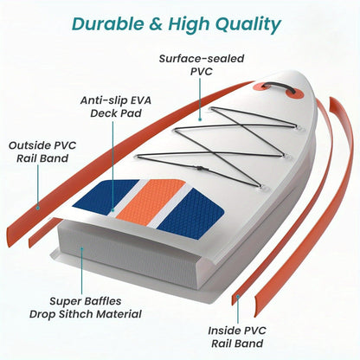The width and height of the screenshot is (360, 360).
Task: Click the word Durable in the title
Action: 107,23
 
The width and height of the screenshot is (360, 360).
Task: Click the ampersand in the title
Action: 156,24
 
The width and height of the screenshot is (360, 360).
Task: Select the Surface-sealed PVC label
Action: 202,65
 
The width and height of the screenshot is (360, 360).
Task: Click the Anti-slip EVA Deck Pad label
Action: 116,106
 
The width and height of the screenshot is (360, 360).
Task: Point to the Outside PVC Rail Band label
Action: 42,151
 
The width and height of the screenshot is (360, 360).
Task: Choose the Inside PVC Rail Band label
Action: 237,337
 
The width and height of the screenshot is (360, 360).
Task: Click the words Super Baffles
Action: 86,301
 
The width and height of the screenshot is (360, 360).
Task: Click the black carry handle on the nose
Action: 279,87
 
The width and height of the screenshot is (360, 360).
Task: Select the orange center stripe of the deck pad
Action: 151,200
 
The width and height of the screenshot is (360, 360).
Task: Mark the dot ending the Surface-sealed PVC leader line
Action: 200,119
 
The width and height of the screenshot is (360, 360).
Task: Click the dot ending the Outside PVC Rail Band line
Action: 37,207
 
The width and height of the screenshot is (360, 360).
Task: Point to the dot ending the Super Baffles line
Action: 82,248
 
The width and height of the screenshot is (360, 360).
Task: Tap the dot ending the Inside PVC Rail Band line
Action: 238,296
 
